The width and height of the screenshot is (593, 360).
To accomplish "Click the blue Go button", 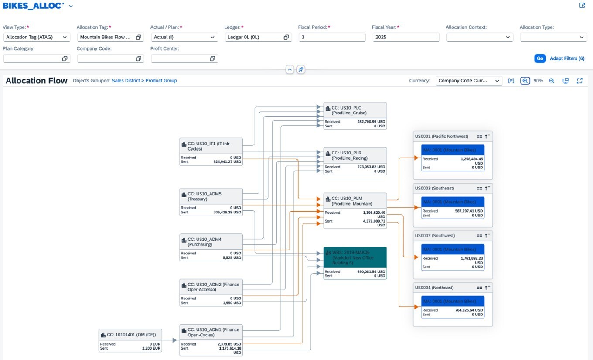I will [540, 58].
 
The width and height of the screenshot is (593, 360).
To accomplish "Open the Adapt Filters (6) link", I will [567, 58].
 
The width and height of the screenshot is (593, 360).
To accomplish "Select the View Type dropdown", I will [37, 37].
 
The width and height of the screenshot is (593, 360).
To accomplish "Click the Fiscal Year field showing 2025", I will [406, 37].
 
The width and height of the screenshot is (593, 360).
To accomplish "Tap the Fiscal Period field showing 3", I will [332, 37].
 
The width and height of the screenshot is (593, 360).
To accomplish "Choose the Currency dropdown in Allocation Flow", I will [469, 81].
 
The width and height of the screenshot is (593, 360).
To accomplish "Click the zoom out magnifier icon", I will [552, 81].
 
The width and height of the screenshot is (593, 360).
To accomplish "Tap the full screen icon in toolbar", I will [579, 81].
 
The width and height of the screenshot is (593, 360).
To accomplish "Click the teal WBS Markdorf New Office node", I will [355, 257].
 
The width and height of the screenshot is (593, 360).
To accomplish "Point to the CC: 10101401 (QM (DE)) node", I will [130, 335].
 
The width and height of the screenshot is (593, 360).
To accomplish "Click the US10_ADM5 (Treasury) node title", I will [204, 196].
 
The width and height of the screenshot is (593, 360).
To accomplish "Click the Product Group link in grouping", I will [161, 81].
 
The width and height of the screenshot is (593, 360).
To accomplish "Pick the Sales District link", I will [126, 81].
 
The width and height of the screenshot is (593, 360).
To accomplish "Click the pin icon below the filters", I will [301, 69].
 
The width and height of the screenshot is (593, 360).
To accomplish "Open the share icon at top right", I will [582, 6].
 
